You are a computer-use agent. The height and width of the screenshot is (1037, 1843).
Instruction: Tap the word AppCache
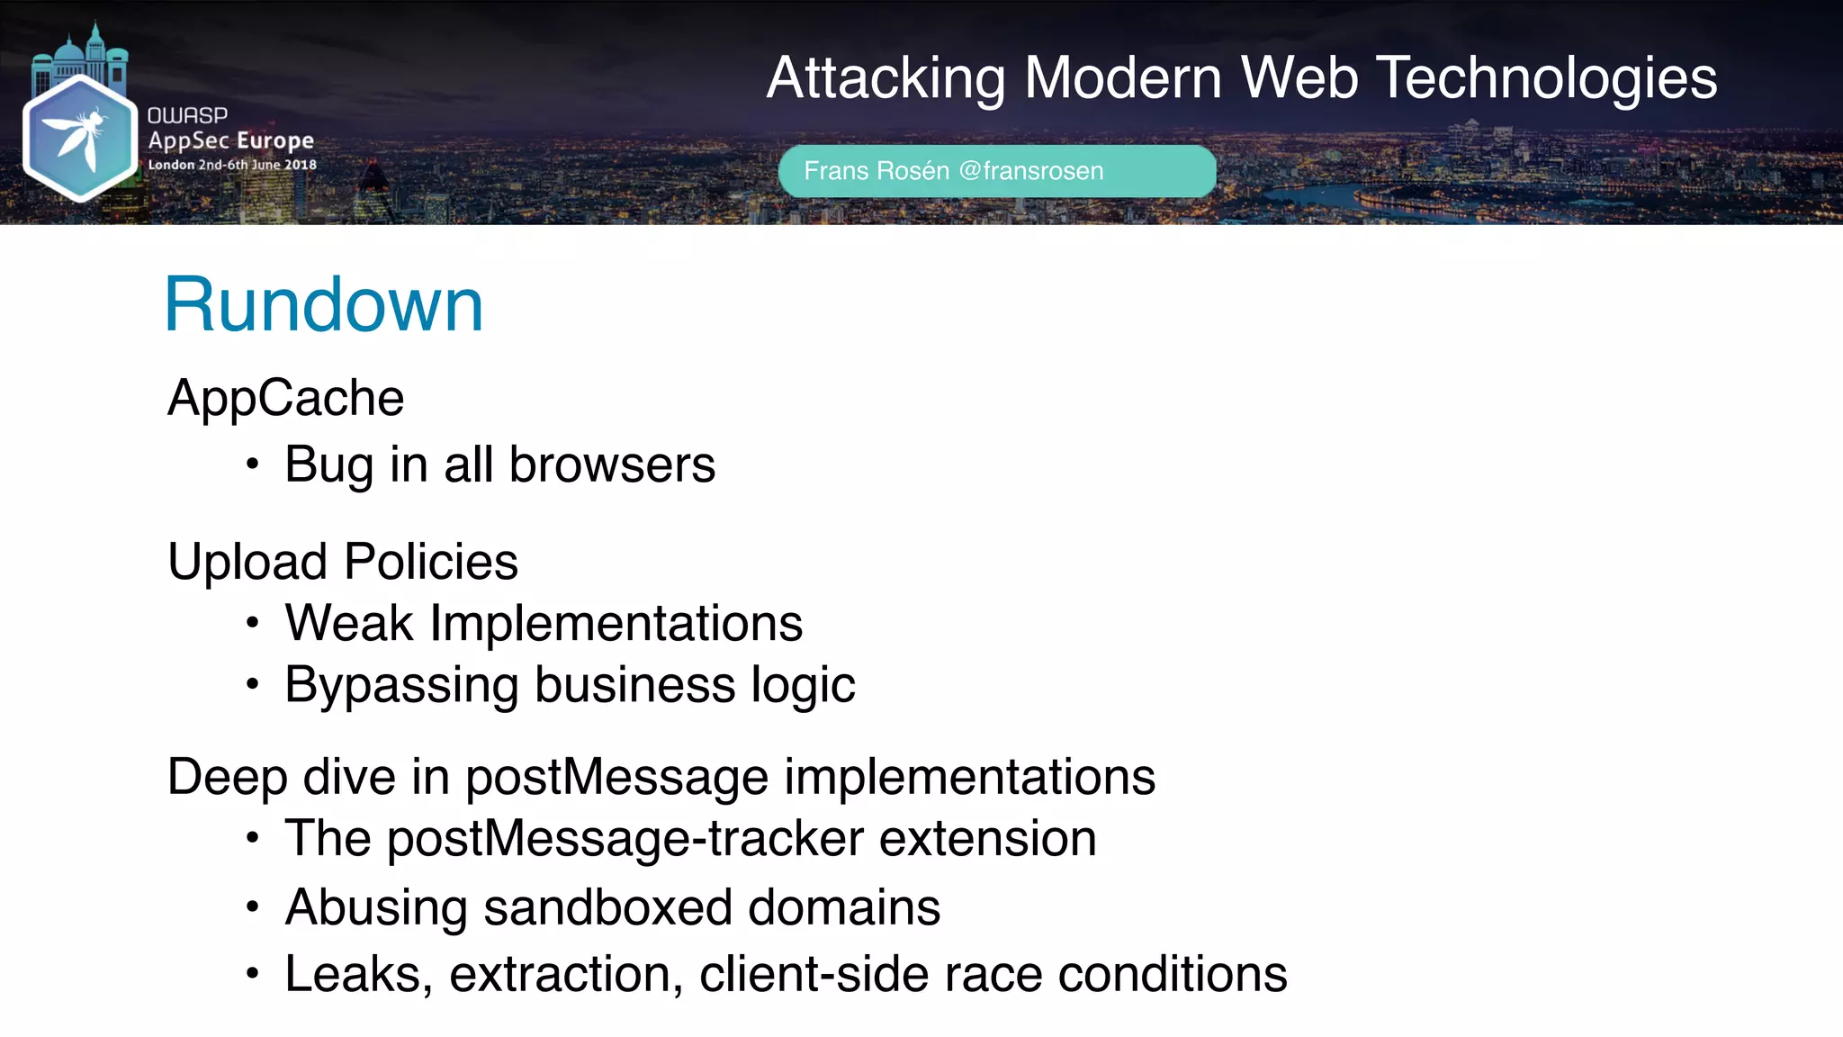coord(286,398)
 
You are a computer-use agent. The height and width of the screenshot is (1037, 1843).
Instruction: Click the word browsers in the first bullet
coord(612,464)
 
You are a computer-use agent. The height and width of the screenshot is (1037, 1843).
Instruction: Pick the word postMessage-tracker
coord(625,839)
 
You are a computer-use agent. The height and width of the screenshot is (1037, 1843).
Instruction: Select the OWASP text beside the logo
coord(187,115)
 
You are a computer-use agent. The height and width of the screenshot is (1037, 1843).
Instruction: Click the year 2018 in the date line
coord(301,165)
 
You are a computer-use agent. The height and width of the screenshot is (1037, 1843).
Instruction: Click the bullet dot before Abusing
coord(253,907)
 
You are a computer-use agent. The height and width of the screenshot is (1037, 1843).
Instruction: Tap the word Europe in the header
coord(282,140)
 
